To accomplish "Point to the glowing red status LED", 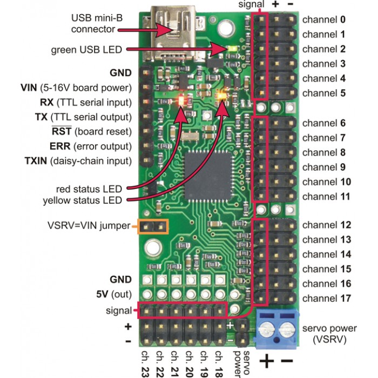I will pos(181,100).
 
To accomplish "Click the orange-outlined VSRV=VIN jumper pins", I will pos(154,226).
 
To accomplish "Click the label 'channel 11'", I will pos(326,197).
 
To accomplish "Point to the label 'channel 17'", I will pos(326,298).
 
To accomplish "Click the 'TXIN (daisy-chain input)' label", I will pos(85,160).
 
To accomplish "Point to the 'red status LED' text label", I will pos(90,190).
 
